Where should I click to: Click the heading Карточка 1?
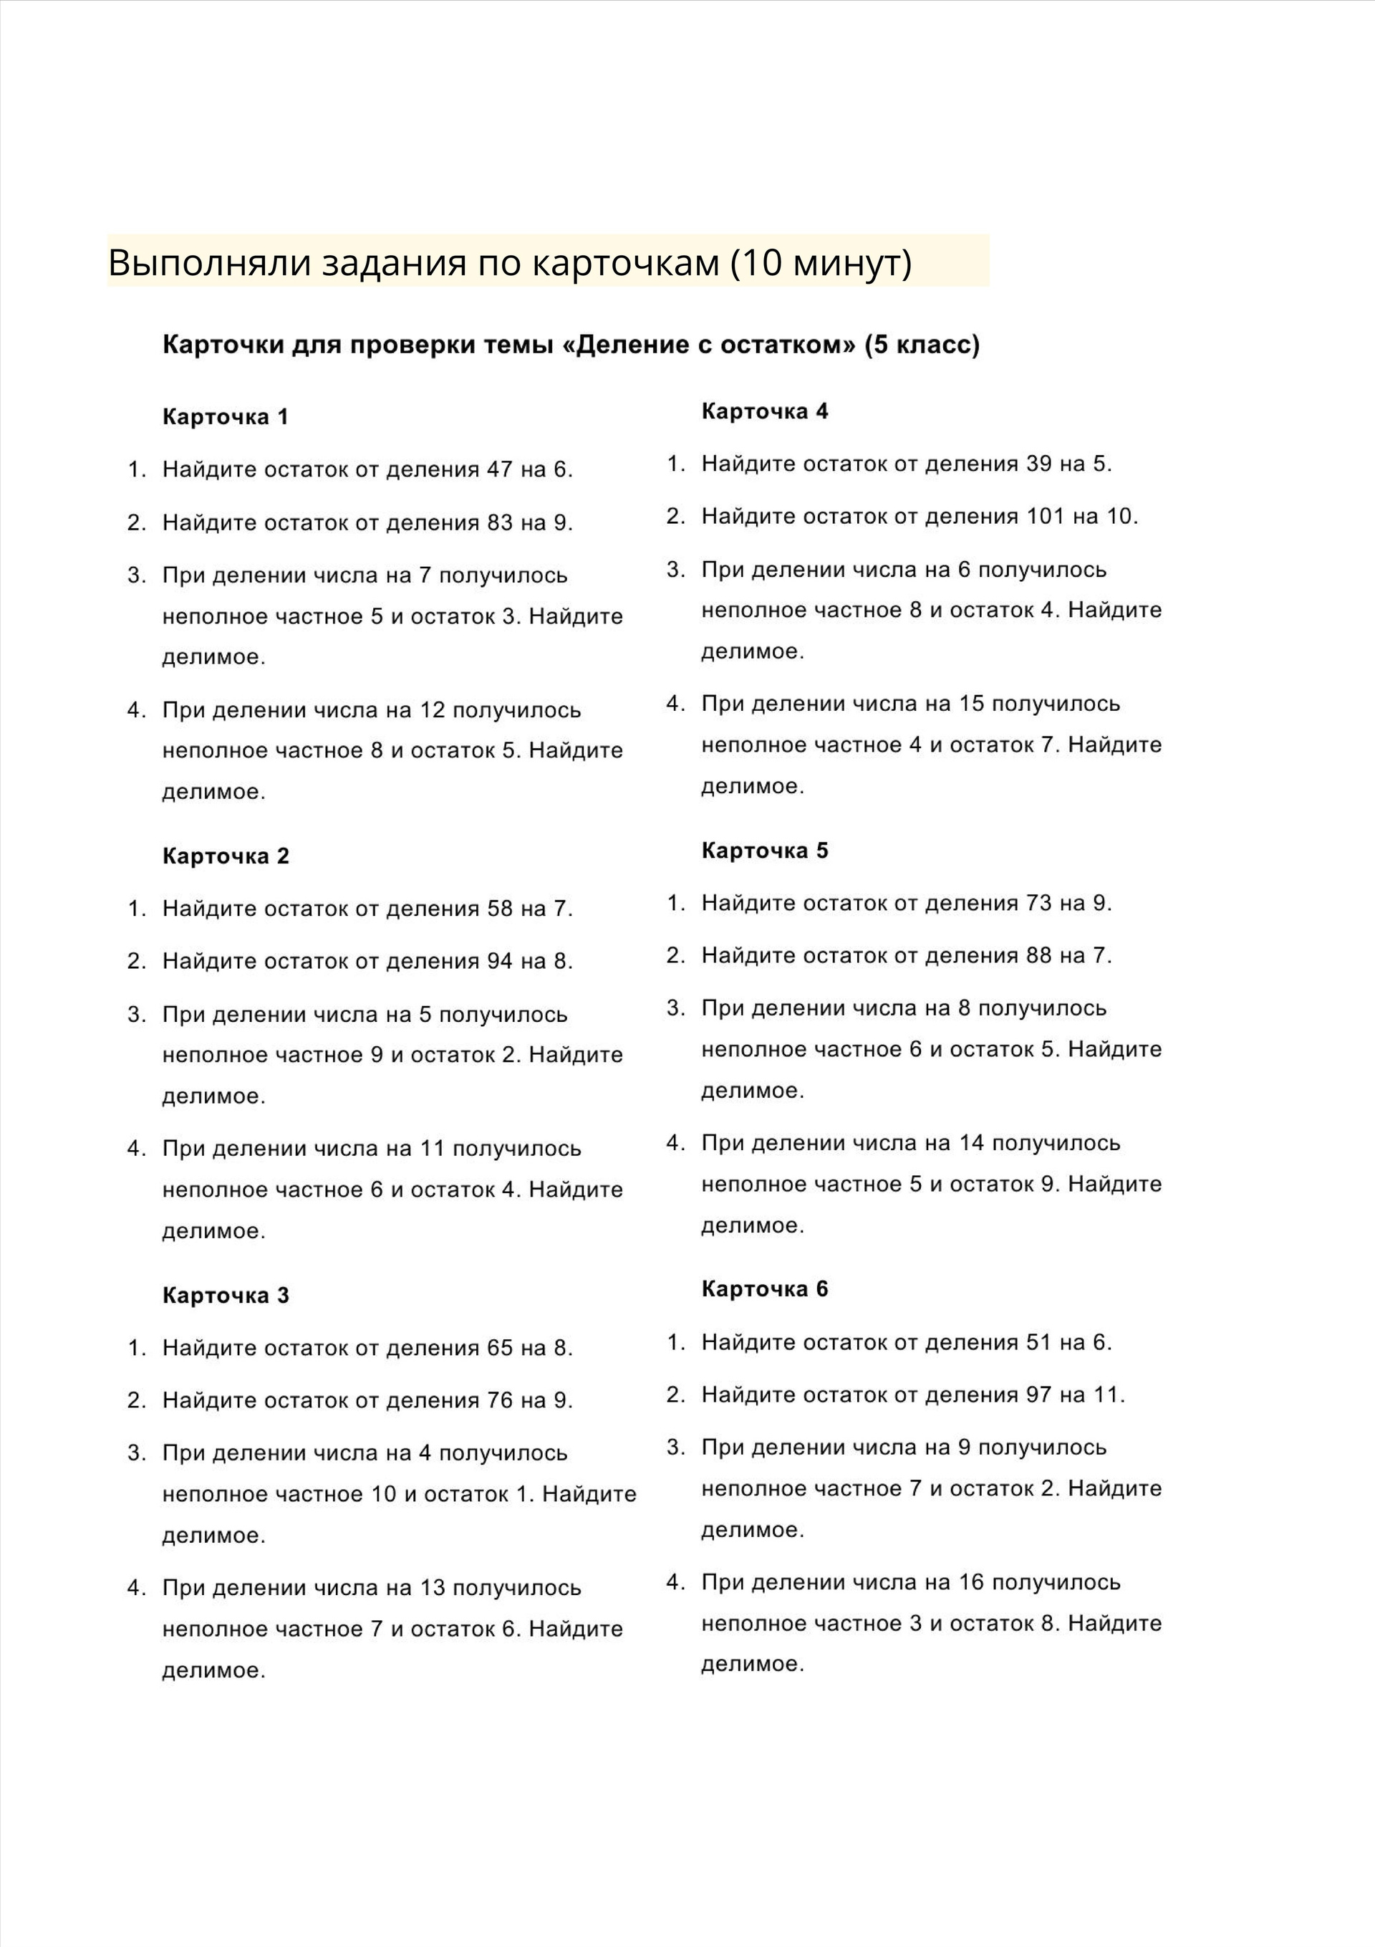click(x=226, y=416)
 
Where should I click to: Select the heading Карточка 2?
click(x=226, y=856)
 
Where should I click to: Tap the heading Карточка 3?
click(x=226, y=1295)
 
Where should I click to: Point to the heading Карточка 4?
click(x=765, y=411)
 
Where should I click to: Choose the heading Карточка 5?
click(x=765, y=851)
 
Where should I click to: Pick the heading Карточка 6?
click(x=765, y=1289)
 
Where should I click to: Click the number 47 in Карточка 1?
click(x=500, y=470)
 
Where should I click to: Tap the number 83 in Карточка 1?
click(x=500, y=522)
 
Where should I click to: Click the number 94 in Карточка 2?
click(x=500, y=962)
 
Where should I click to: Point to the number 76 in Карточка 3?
click(x=500, y=1400)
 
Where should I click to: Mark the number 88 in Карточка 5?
click(x=1039, y=956)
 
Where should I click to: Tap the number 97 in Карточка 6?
click(x=1039, y=1395)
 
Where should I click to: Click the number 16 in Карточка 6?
click(x=972, y=1582)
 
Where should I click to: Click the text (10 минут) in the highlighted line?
click(x=821, y=263)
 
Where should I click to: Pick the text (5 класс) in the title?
click(x=922, y=345)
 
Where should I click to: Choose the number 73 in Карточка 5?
click(x=1039, y=903)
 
